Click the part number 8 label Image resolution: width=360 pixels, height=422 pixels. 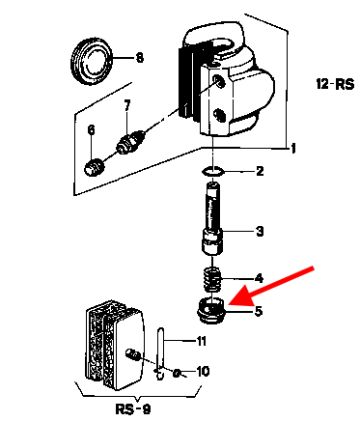coord(140,58)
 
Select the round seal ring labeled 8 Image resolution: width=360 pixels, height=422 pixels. coord(93,61)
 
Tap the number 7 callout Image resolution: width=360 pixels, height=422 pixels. coord(127,105)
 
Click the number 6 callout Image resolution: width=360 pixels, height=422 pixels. coord(92,130)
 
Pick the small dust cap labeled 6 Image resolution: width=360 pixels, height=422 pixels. coord(95,167)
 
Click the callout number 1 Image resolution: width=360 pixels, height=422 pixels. coord(293,149)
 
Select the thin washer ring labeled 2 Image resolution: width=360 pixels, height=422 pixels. coord(212,171)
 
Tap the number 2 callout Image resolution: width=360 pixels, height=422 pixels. coord(260,171)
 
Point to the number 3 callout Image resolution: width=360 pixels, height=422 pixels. coord(260,231)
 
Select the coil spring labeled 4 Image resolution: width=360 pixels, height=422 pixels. coord(212,278)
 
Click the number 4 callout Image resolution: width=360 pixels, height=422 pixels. coord(260,278)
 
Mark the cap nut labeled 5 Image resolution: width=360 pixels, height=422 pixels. coord(210,310)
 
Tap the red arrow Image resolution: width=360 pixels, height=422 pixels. coord(271,285)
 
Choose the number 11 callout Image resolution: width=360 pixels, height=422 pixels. coord(201,341)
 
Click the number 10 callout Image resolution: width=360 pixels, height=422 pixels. coord(203,372)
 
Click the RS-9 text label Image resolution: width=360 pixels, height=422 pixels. coord(133,409)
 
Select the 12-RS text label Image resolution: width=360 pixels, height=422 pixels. coord(335,84)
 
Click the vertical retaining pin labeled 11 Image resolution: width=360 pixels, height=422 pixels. coord(161,353)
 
